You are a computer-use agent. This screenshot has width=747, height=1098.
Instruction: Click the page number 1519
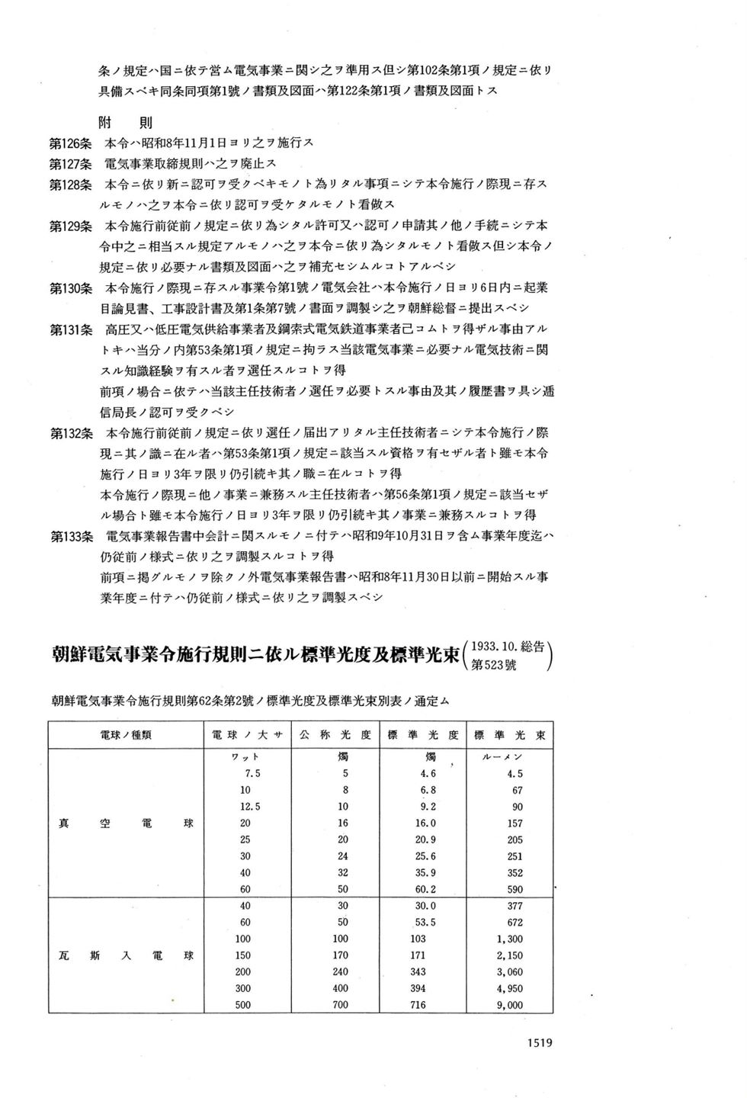click(x=539, y=1043)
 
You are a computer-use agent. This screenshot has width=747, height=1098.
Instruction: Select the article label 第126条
click(x=71, y=143)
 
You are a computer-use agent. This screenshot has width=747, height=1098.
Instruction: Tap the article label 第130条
click(x=71, y=287)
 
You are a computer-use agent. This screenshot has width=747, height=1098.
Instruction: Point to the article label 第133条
click(x=71, y=536)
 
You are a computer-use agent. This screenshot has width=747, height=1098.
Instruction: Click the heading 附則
click(x=126, y=122)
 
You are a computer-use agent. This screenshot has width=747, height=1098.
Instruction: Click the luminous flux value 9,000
click(x=509, y=1005)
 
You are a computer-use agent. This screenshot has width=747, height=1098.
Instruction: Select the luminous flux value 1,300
click(x=509, y=939)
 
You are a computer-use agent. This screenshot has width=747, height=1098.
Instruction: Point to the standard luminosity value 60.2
click(x=423, y=889)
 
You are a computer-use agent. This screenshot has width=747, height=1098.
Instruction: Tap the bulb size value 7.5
click(x=248, y=774)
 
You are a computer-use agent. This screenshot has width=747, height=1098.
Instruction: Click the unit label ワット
click(x=245, y=757)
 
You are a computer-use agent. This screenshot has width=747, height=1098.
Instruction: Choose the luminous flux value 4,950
click(x=509, y=988)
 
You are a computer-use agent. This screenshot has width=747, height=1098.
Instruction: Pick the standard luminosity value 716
click(x=418, y=1005)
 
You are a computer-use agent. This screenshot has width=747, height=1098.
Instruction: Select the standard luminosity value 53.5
click(x=423, y=923)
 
